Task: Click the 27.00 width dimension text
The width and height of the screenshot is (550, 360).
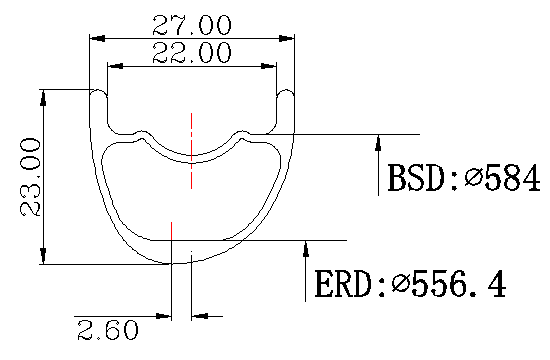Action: (x=192, y=25)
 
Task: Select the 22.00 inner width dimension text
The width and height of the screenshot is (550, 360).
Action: (x=192, y=52)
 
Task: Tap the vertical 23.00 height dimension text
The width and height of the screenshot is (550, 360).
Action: (x=30, y=177)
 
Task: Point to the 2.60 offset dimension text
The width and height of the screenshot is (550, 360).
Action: (x=108, y=330)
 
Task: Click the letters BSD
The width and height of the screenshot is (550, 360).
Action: (x=417, y=178)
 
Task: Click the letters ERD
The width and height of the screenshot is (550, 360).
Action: (x=344, y=284)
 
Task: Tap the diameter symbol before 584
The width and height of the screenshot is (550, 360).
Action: (x=473, y=177)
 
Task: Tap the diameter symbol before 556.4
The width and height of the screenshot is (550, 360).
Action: (x=400, y=283)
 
